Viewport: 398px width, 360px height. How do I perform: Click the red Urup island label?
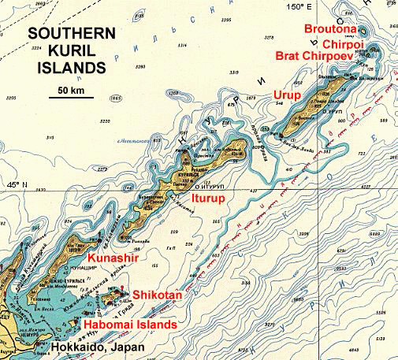(287, 95)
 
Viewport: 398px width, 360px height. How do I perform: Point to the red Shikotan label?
(158, 295)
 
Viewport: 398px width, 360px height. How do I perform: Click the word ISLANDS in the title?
(66, 69)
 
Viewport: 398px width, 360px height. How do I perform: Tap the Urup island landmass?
(315, 102)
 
